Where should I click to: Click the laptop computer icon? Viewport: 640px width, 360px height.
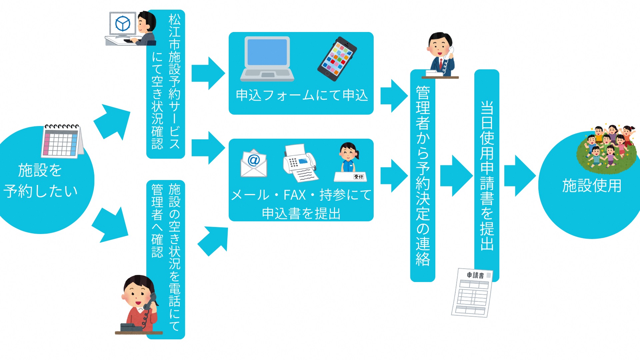pyautogui.click(x=267, y=59)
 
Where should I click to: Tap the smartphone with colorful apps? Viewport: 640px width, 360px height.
pyautogui.click(x=337, y=59)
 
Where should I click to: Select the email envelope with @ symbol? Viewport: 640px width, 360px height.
pyautogui.click(x=254, y=163)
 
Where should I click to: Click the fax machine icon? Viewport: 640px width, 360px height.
pyautogui.click(x=300, y=163)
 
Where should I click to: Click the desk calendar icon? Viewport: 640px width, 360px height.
pyautogui.click(x=62, y=141)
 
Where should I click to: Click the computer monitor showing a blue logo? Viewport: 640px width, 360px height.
pyautogui.click(x=123, y=24)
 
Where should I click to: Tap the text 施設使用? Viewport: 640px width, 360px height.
pyautogui.click(x=592, y=186)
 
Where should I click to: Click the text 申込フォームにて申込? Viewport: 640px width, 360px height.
pyautogui.click(x=302, y=95)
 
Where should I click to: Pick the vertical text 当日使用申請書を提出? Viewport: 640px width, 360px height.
pyautogui.click(x=487, y=175)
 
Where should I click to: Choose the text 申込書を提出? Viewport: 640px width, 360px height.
pyautogui.click(x=301, y=214)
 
